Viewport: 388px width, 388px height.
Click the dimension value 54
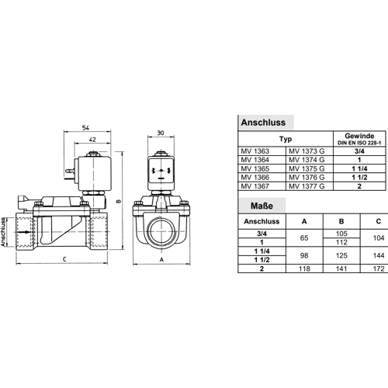(85, 127)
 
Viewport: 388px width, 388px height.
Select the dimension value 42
(92, 140)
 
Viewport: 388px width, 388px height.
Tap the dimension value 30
(161, 133)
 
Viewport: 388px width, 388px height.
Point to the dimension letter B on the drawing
(119, 201)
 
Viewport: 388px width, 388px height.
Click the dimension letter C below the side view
(64, 259)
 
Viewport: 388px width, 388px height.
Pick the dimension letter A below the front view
(161, 259)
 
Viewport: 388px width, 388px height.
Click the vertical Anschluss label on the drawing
(3, 232)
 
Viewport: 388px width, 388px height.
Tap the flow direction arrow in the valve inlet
(26, 232)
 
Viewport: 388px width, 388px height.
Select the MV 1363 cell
(255, 151)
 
